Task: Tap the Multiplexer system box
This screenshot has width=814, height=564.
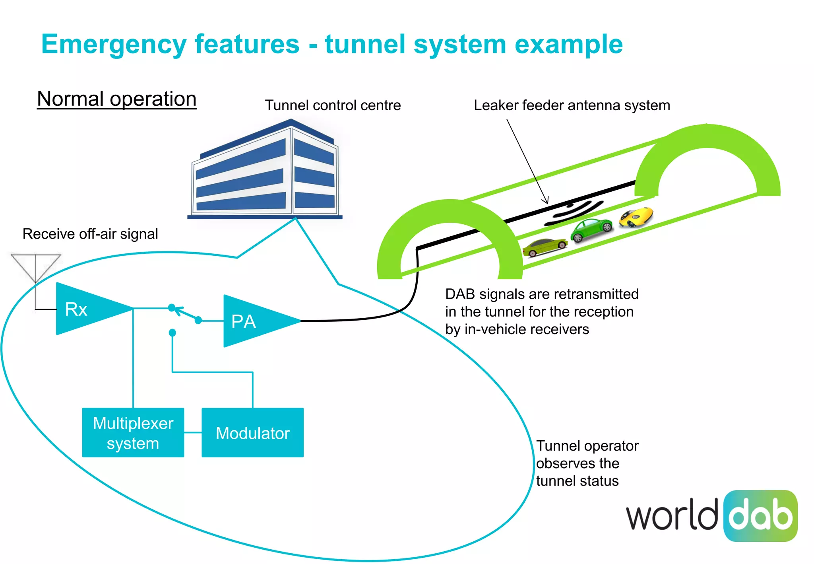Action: pyautogui.click(x=133, y=433)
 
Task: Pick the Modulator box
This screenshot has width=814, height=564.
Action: pyautogui.click(x=252, y=433)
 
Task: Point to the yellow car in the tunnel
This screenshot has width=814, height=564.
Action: pyautogui.click(x=636, y=217)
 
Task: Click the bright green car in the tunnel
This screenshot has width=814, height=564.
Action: pyautogui.click(x=591, y=230)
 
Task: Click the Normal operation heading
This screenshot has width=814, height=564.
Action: pyautogui.click(x=117, y=99)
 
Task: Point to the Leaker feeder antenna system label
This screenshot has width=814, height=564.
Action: pyautogui.click(x=572, y=105)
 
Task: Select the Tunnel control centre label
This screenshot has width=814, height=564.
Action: pyautogui.click(x=333, y=105)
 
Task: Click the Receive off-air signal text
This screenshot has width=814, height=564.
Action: pyautogui.click(x=90, y=234)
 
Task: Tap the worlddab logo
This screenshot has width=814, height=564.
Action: pyautogui.click(x=712, y=516)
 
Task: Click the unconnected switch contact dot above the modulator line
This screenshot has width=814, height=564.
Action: pyautogui.click(x=172, y=333)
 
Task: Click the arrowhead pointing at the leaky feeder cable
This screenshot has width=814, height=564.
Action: pyautogui.click(x=547, y=201)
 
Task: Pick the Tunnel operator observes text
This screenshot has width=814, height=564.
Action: pyautogui.click(x=587, y=463)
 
